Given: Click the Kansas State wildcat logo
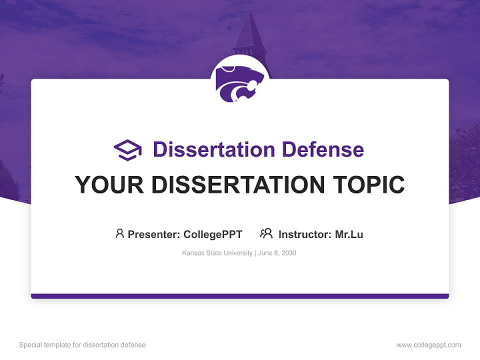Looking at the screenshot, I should point(239,82).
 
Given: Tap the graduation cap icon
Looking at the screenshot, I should point(127,149).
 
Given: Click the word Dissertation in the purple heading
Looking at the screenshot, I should point(213,149).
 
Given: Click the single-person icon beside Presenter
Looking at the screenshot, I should point(119,233).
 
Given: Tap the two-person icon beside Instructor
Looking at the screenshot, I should point(266,233).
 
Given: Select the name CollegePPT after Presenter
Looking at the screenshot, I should point(212,234).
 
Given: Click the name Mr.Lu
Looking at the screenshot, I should point(349,234).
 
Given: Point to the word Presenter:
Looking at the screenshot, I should point(154,234).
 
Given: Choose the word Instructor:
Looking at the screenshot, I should point(305,234).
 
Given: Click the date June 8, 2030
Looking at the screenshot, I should point(277,253).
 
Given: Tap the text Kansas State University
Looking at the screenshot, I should point(217,253).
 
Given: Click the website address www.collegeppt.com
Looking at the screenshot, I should point(428,345).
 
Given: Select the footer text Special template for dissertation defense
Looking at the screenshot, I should point(82,345).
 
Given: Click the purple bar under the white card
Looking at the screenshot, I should point(240,296).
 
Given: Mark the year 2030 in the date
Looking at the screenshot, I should point(289,253).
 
